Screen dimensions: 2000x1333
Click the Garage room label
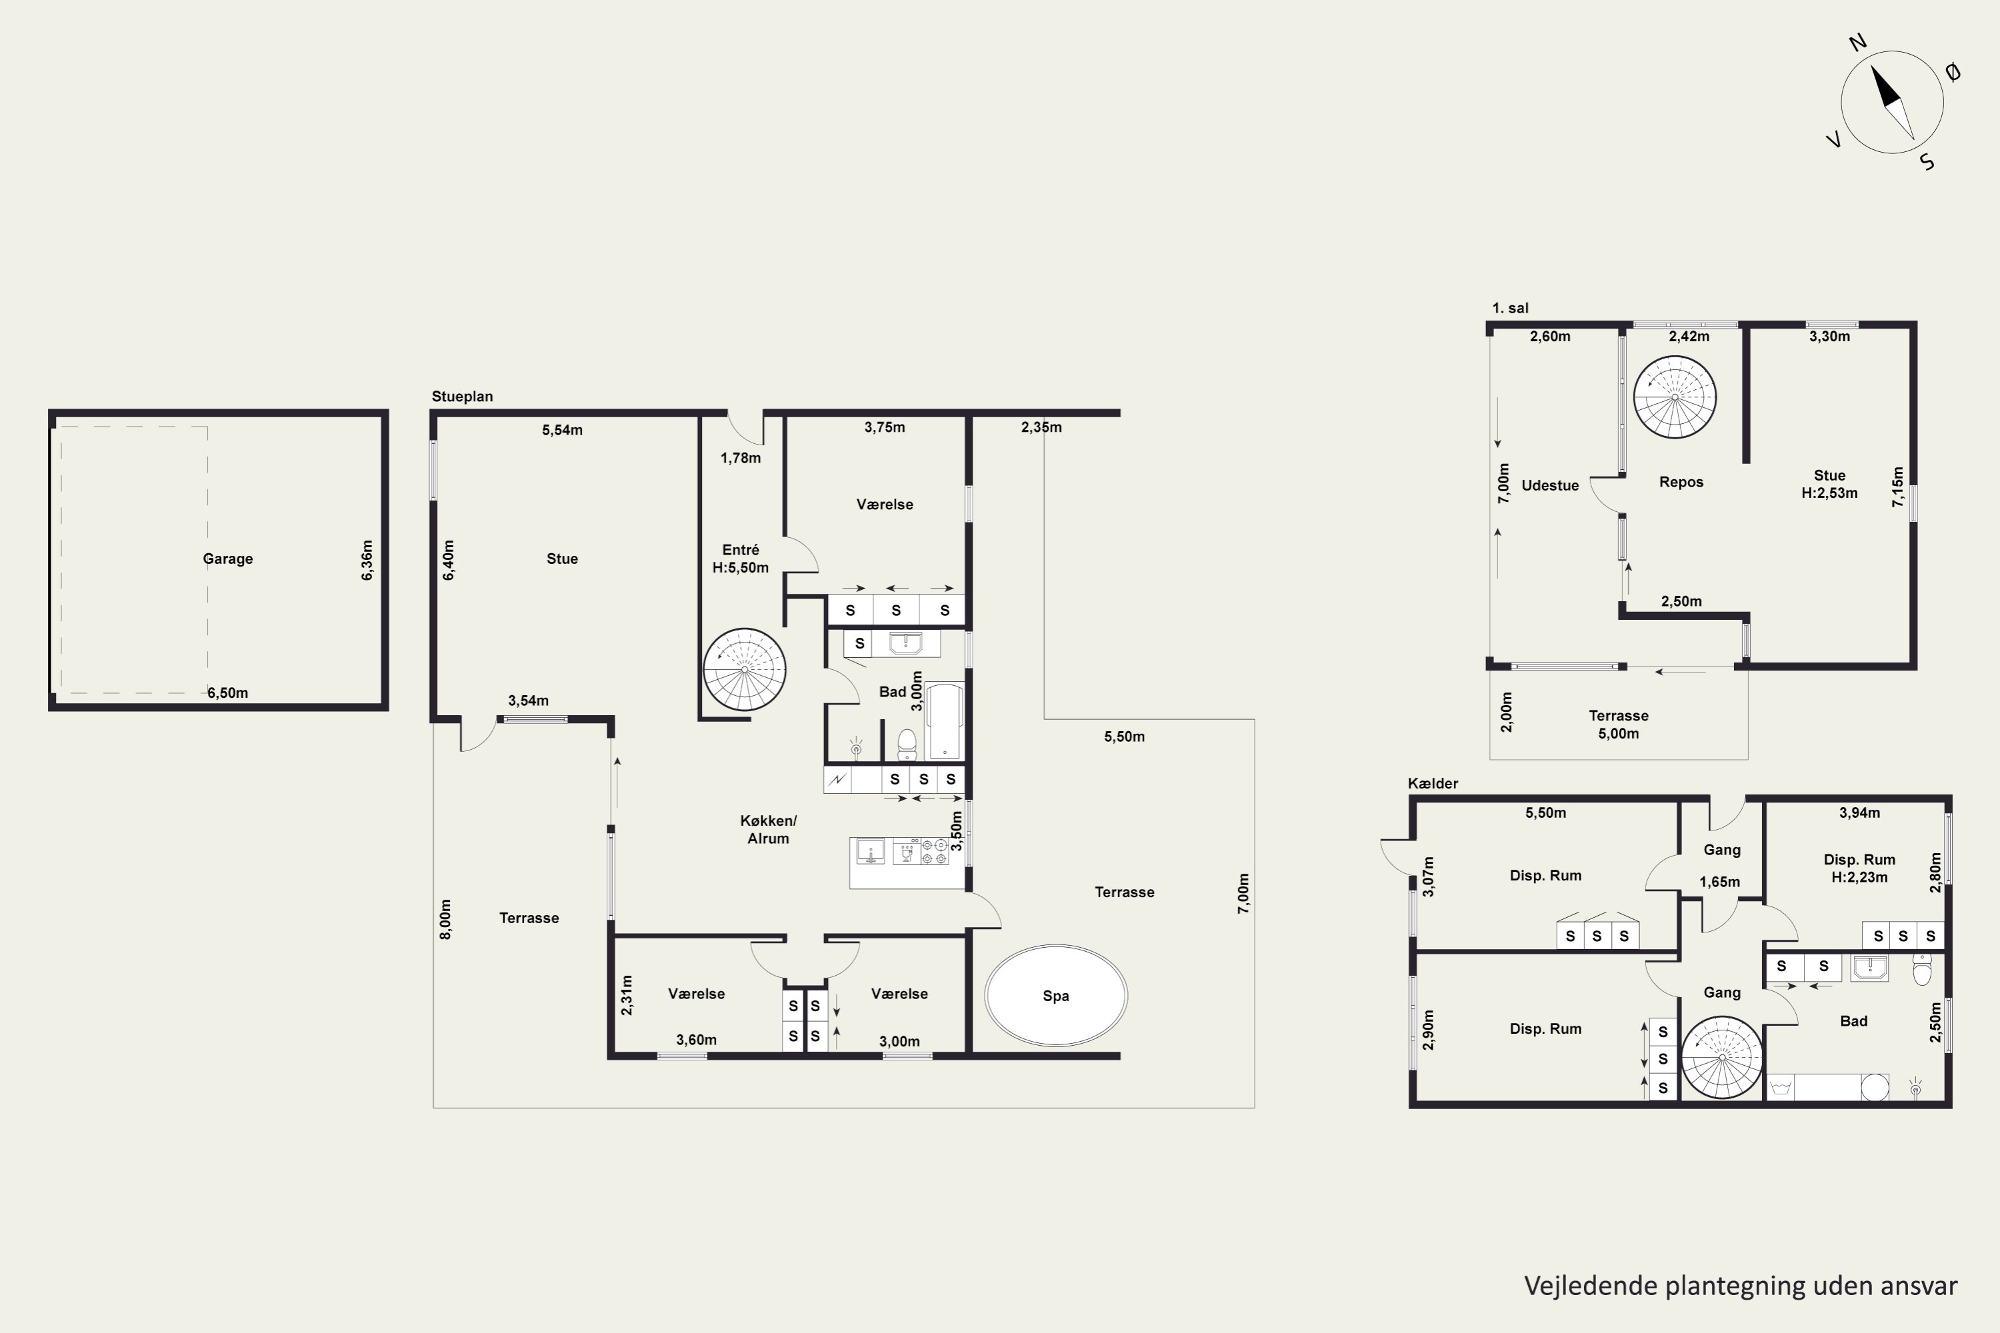point(228,559)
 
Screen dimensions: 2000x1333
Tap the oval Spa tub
point(1056,996)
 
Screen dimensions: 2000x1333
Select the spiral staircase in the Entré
point(745,670)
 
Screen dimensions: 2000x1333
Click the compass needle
point(1892,102)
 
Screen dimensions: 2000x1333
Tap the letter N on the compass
point(1858,43)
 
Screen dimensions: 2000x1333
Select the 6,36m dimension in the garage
point(367,561)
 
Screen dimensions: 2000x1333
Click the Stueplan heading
point(463,396)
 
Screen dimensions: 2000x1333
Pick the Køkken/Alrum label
point(769,830)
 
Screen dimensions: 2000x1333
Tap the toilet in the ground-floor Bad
point(907,744)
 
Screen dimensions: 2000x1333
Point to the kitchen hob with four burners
point(935,852)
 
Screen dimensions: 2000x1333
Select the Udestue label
point(1550,485)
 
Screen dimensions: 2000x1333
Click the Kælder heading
point(1433,783)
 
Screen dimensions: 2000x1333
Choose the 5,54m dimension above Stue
point(562,430)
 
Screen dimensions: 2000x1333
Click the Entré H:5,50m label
point(741,559)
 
